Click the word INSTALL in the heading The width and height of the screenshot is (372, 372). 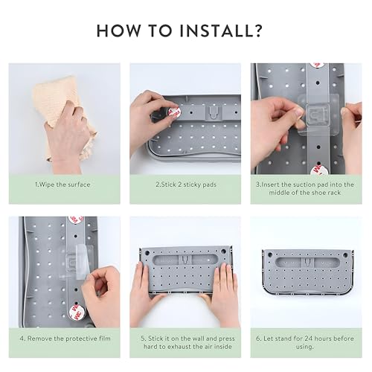tap(214, 31)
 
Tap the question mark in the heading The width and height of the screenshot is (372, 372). tap(256, 31)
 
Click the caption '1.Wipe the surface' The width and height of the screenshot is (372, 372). tap(62, 185)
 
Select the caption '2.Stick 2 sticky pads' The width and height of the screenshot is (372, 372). tap(186, 185)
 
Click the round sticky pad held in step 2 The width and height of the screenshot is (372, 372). tap(174, 113)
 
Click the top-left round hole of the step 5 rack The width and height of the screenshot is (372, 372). tap(147, 253)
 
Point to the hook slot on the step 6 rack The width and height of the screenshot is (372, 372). tap(307, 261)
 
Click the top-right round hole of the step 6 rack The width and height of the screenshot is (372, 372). tap(345, 254)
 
